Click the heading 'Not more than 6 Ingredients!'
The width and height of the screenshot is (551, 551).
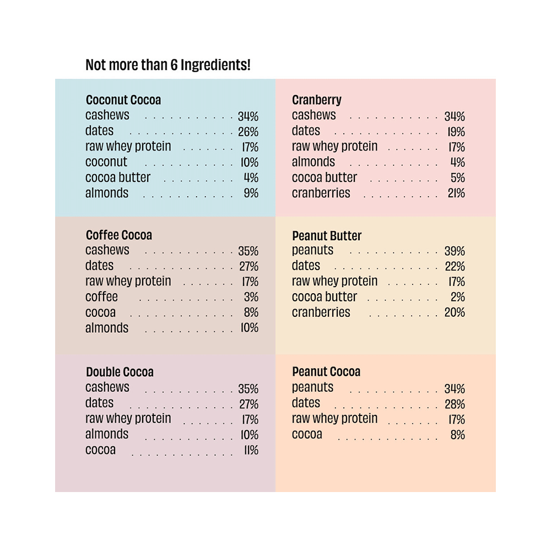click(x=168, y=65)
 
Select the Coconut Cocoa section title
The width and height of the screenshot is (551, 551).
click(x=123, y=100)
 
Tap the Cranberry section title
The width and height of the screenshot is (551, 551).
click(x=317, y=100)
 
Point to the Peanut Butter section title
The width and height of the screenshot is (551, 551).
click(x=327, y=235)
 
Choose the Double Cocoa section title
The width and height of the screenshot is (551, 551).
click(x=120, y=372)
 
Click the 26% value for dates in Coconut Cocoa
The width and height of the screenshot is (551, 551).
click(x=248, y=132)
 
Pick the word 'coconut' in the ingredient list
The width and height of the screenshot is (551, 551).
click(x=106, y=162)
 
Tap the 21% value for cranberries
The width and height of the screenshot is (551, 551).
click(x=456, y=193)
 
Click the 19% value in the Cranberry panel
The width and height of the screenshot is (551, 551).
click(x=456, y=132)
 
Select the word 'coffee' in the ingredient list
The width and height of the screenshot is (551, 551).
click(x=101, y=297)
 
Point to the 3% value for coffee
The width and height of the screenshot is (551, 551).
click(x=251, y=297)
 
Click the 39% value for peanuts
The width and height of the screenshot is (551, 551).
click(x=455, y=251)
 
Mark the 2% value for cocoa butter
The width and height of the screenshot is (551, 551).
click(x=458, y=297)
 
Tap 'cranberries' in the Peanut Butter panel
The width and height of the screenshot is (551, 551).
click(x=321, y=312)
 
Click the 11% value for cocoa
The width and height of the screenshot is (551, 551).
click(x=251, y=450)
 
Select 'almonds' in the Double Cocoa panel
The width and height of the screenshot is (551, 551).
click(x=107, y=434)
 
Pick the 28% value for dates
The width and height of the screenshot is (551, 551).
click(x=455, y=404)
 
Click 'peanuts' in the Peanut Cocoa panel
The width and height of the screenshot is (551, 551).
click(x=312, y=387)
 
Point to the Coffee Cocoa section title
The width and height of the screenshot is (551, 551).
click(x=119, y=235)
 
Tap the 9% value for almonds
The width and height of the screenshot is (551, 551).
click(x=251, y=193)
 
